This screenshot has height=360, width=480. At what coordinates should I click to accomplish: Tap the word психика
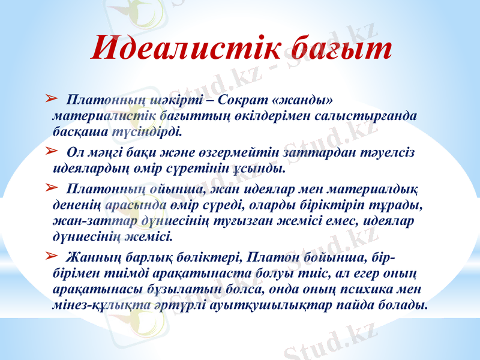pos(382,289)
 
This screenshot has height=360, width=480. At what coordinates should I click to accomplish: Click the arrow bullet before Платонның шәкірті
pos(51,97)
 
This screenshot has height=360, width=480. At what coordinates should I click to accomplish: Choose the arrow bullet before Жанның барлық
pos(51,257)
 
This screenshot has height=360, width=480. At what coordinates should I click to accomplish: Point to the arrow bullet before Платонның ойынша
pos(51,189)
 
